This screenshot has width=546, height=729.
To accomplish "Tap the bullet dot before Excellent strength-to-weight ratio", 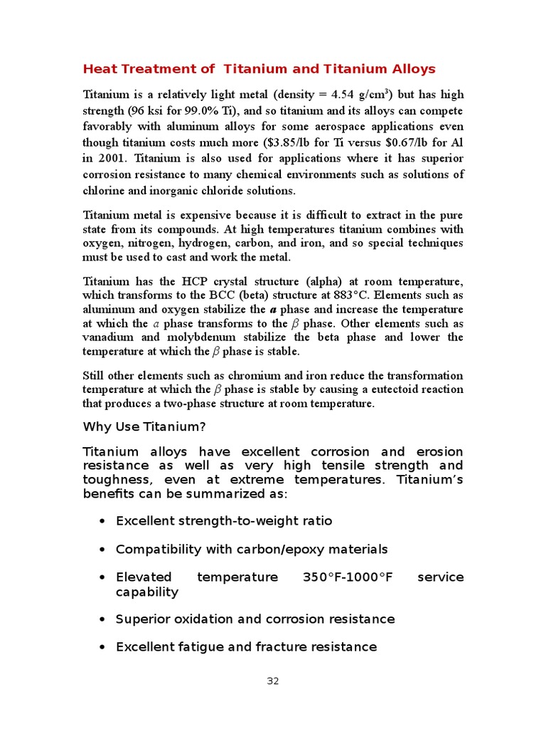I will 102,521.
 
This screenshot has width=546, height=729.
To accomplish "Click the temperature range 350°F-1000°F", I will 348,577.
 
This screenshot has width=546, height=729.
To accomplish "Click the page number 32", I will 273,681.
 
